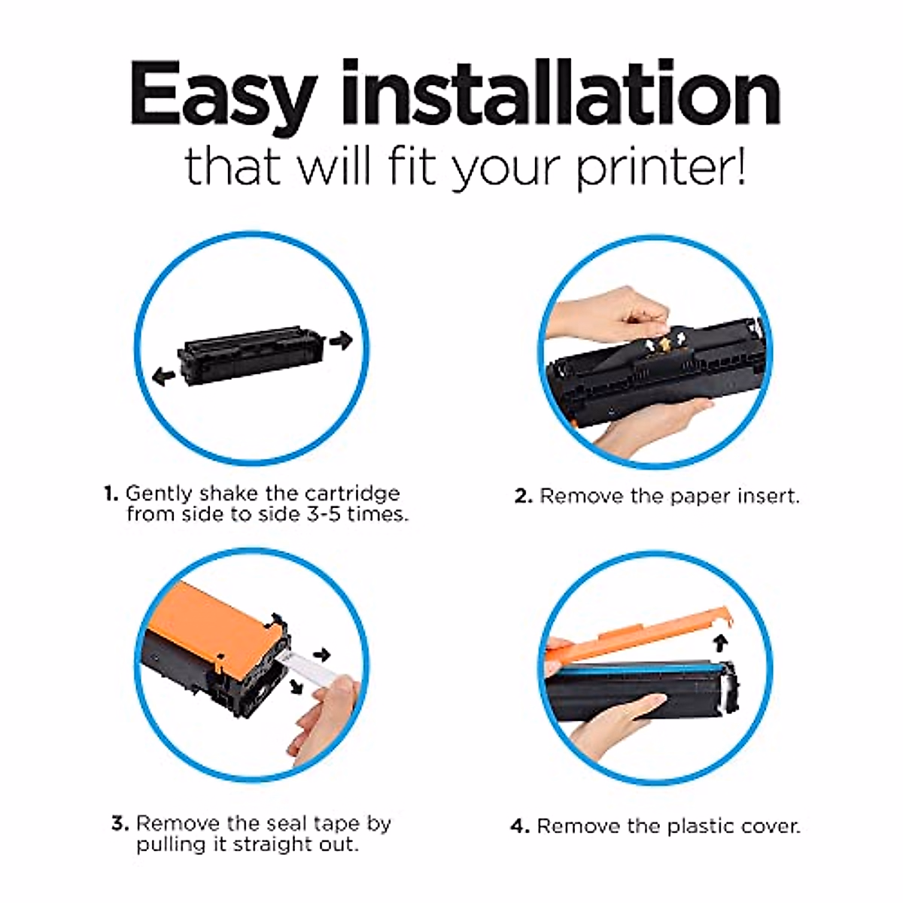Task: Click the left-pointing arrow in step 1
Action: pyautogui.click(x=163, y=375)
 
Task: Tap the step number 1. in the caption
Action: pyautogui.click(x=111, y=494)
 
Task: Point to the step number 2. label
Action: pyautogui.click(x=524, y=497)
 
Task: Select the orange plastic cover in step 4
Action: pyautogui.click(x=640, y=632)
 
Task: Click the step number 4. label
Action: pyautogui.click(x=520, y=827)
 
